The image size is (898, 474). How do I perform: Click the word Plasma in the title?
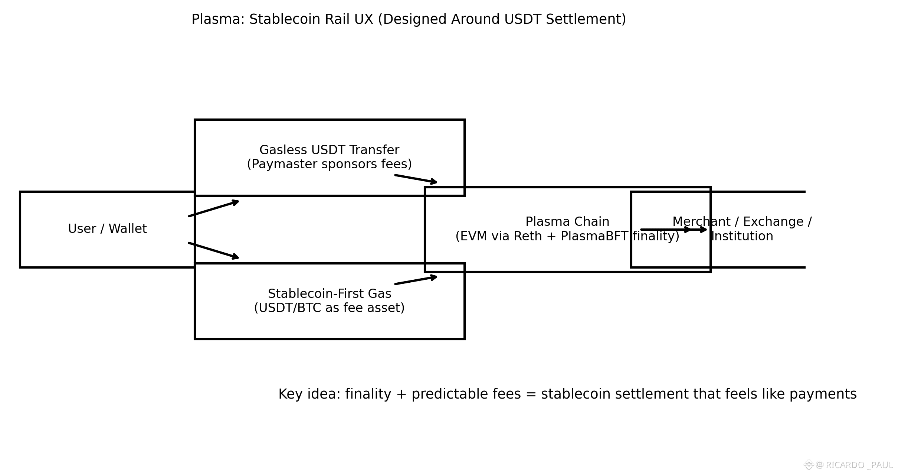tap(217, 19)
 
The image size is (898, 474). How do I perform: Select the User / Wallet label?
tap(107, 229)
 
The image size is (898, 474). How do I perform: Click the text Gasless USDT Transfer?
tap(329, 150)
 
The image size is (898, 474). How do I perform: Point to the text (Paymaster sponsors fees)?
tap(329, 164)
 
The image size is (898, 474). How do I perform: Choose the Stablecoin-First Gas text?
tap(329, 294)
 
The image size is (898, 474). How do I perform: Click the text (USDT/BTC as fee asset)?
tap(329, 308)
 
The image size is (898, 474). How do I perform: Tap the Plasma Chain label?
tap(567, 222)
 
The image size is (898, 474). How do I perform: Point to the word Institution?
tap(742, 236)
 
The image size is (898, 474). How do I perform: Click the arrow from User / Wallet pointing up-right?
tap(213, 208)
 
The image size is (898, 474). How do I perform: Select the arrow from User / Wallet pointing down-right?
tap(213, 250)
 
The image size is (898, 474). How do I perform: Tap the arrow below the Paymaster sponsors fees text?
tap(416, 179)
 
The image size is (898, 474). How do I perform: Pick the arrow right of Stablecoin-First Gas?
tap(416, 280)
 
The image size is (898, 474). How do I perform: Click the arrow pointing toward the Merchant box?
tap(673, 230)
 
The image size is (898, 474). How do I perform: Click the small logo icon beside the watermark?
tap(808, 465)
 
